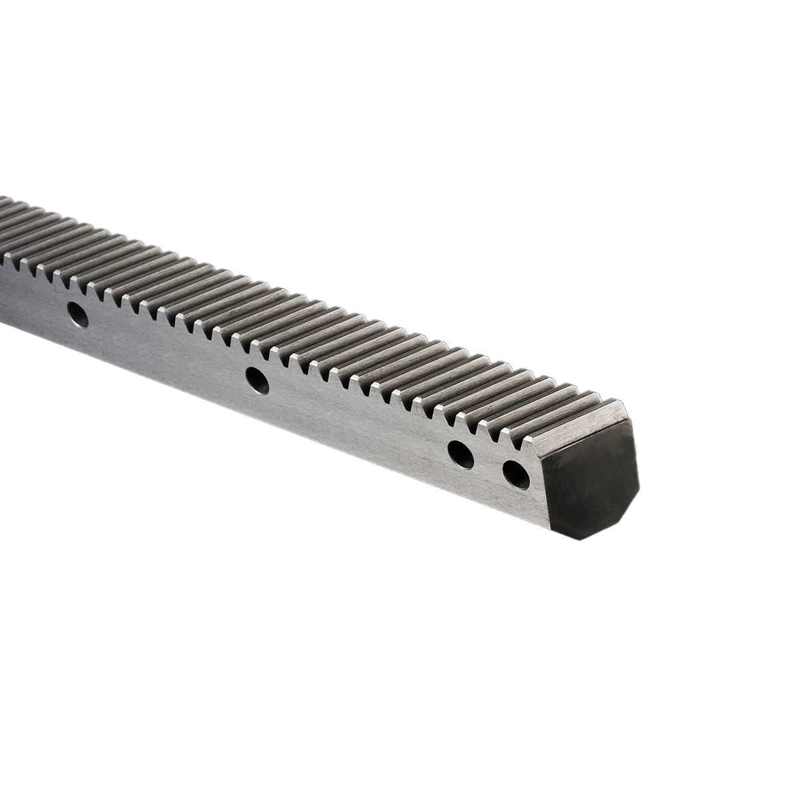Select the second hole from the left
pyautogui.click(x=257, y=381)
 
